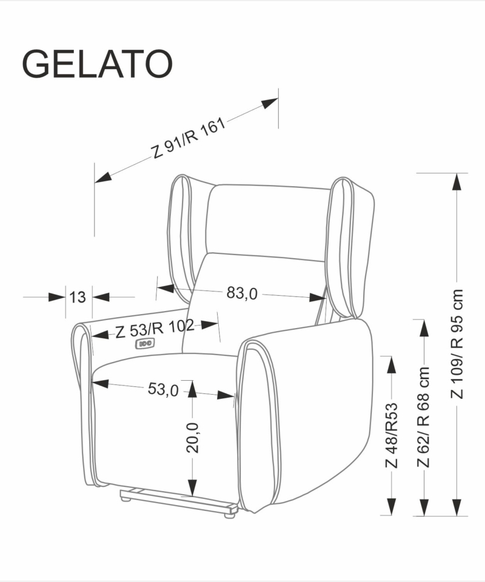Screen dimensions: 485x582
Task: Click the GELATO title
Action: point(98,64)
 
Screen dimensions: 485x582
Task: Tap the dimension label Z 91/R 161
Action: point(188,138)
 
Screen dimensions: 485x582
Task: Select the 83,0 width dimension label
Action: point(241,293)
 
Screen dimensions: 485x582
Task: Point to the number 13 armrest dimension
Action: point(78,297)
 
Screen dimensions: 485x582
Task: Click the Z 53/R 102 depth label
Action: point(155,328)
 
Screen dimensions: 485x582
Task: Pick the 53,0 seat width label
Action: point(163,389)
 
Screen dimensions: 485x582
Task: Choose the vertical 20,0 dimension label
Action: point(193,438)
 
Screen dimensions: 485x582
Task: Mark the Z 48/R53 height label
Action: point(392,435)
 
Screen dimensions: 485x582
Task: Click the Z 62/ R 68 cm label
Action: point(423,417)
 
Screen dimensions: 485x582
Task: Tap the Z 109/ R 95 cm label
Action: point(457,344)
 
